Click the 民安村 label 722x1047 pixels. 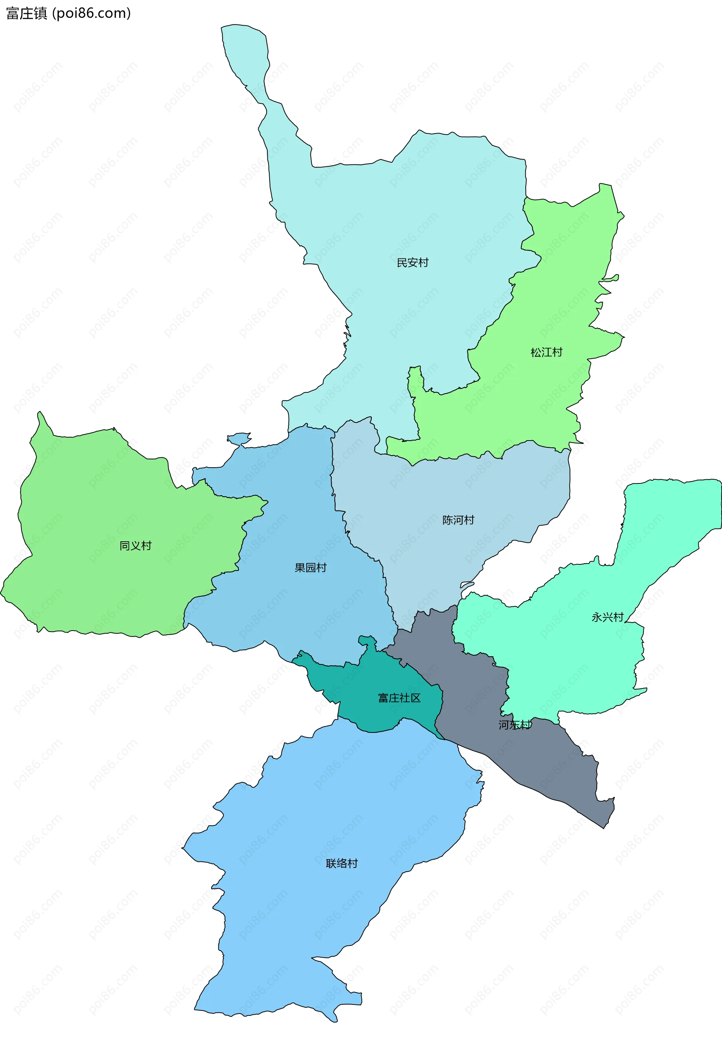pos(412,263)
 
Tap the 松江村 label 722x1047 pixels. pos(546,352)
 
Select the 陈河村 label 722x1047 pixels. pos(458,520)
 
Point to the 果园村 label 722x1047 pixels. pos(310,567)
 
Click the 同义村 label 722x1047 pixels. pos(135,546)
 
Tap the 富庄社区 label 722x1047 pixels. pos(399,698)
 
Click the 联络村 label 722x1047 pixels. pos(341,863)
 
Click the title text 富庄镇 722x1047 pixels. pos(26,14)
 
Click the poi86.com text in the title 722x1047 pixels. pos(91,14)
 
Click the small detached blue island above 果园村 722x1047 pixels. pos(238,438)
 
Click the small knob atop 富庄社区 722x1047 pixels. pos(368,641)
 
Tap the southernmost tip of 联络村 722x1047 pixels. pos(334,1020)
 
